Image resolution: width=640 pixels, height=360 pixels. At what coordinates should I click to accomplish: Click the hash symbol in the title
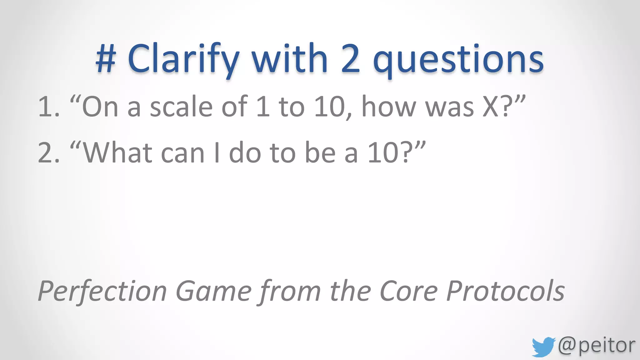pyautogui.click(x=106, y=59)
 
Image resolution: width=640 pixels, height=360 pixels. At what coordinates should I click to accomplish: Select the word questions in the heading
pyautogui.click(x=458, y=61)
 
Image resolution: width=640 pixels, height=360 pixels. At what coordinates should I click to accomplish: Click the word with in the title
pyautogui.click(x=289, y=59)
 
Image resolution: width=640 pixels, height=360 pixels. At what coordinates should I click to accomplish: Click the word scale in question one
pyautogui.click(x=181, y=107)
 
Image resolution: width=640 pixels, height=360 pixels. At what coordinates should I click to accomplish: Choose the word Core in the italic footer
pyautogui.click(x=408, y=291)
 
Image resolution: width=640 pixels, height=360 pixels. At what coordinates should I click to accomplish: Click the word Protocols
pyautogui.click(x=505, y=291)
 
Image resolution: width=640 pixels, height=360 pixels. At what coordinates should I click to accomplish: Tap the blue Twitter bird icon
pyautogui.click(x=543, y=347)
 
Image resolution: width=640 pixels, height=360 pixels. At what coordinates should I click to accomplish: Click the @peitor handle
pyautogui.click(x=597, y=346)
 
